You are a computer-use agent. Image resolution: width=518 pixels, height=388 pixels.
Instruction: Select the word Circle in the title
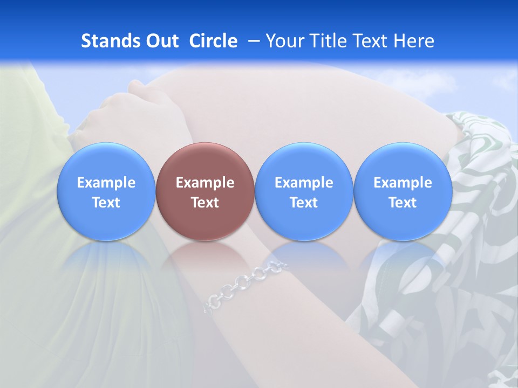213,41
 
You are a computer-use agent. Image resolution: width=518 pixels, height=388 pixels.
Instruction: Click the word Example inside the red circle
205,183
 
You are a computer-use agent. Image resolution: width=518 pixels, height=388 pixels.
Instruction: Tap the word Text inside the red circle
205,203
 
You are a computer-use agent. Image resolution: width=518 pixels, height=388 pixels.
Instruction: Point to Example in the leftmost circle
106,183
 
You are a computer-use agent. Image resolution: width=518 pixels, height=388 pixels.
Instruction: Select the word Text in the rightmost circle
403,203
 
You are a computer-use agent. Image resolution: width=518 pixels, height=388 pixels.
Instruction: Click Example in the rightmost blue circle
403,183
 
